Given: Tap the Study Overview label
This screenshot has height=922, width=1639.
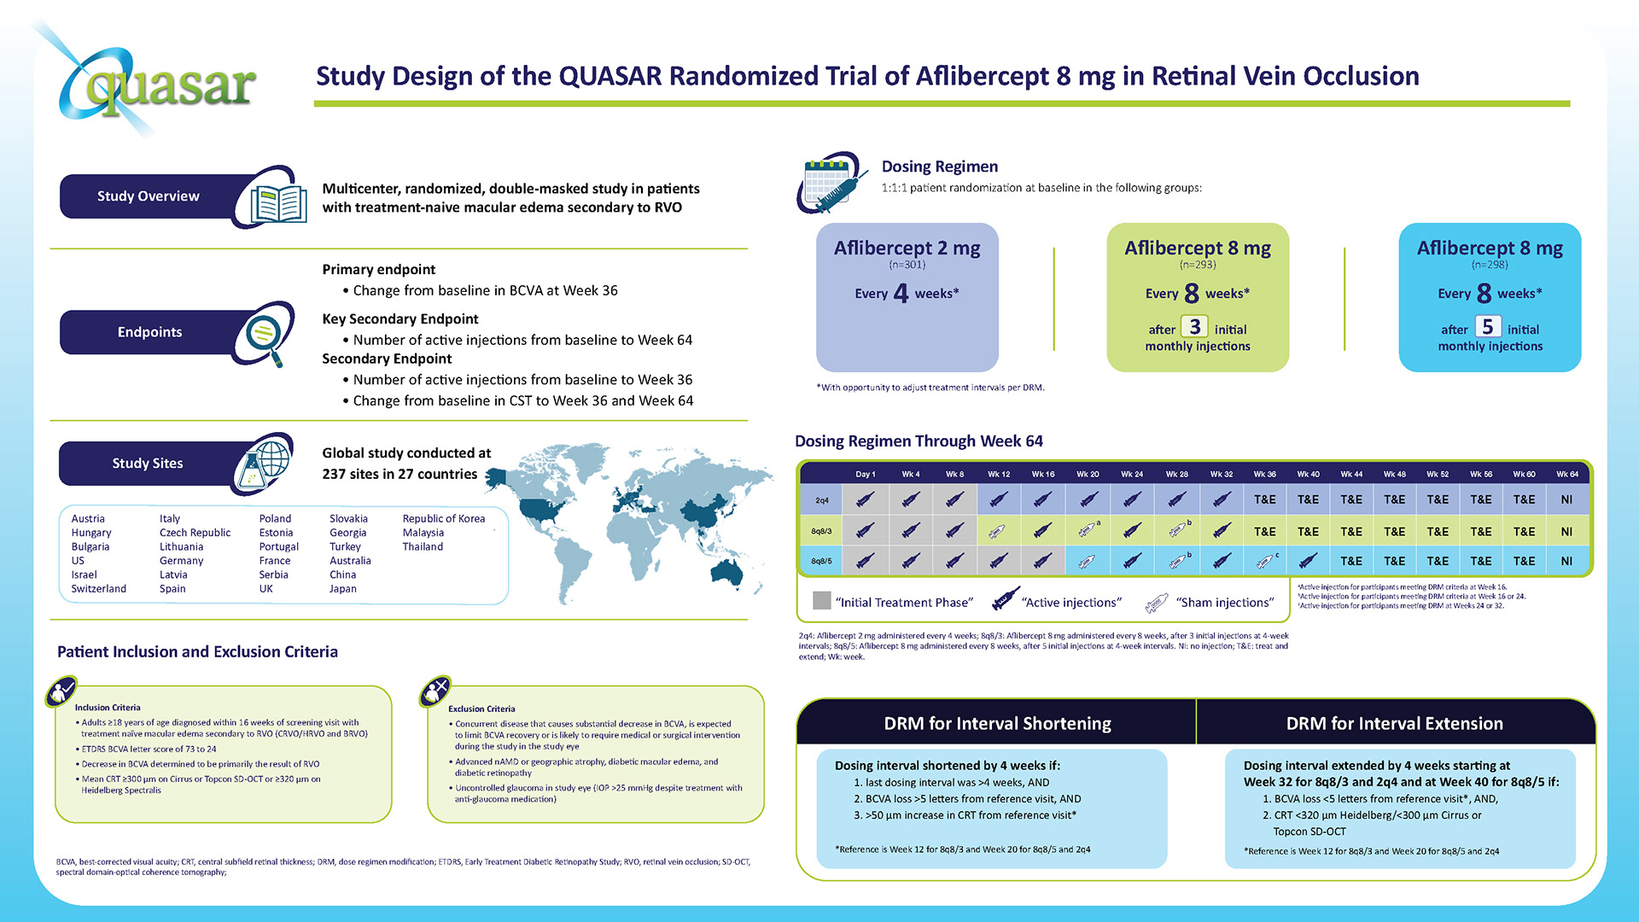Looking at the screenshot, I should (148, 196).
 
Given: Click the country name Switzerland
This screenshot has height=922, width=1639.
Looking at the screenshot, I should (98, 589).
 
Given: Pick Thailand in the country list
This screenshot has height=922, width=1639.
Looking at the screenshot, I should (423, 547).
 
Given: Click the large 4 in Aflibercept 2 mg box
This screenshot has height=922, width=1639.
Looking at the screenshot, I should (901, 294).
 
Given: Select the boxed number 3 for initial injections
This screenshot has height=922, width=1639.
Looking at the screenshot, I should (1194, 327).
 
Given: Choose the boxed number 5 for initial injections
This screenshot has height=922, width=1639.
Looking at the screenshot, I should (1487, 327).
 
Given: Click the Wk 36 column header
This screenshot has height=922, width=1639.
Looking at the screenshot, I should (1264, 475).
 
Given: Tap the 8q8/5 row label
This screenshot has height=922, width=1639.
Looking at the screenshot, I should (821, 562).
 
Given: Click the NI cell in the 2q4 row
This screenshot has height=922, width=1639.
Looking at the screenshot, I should (1566, 500).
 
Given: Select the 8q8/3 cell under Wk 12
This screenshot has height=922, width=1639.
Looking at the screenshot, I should (998, 532).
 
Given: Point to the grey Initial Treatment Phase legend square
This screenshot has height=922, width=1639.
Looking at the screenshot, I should (822, 601).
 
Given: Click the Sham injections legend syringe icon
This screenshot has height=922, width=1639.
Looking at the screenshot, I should (1157, 603).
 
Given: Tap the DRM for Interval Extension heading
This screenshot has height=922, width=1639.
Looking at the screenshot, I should (1394, 724).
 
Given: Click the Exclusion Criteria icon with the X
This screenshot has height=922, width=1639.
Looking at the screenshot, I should (435, 691).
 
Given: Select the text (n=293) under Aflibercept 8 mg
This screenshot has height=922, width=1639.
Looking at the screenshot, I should (1197, 265).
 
